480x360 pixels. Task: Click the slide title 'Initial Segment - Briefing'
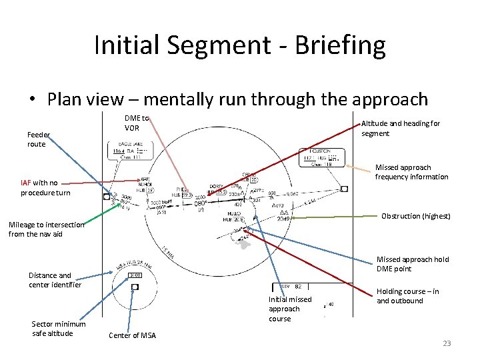240,45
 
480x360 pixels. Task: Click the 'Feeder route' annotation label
38,139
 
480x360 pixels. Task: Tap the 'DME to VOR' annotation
137,123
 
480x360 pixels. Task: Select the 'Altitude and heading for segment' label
401,128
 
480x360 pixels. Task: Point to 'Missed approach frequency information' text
411,172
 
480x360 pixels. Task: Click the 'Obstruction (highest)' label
415,216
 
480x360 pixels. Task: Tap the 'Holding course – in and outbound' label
407,296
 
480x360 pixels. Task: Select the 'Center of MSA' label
132,335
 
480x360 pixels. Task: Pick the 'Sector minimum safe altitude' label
59,329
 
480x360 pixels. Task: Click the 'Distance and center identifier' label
55,280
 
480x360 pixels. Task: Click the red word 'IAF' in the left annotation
25,183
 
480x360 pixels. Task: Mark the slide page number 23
447,343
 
